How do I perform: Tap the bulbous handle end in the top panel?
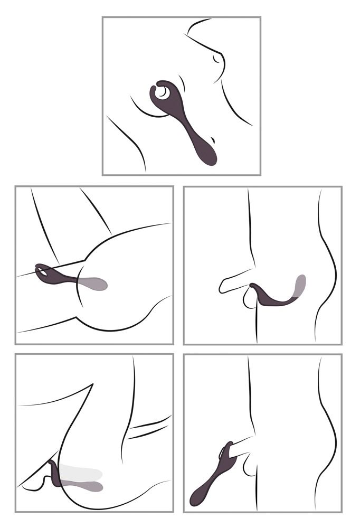click(207, 154)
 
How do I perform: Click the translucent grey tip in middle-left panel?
click(95, 284)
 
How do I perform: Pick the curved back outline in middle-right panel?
click(327, 264)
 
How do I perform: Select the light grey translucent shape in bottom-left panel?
click(82, 473)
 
